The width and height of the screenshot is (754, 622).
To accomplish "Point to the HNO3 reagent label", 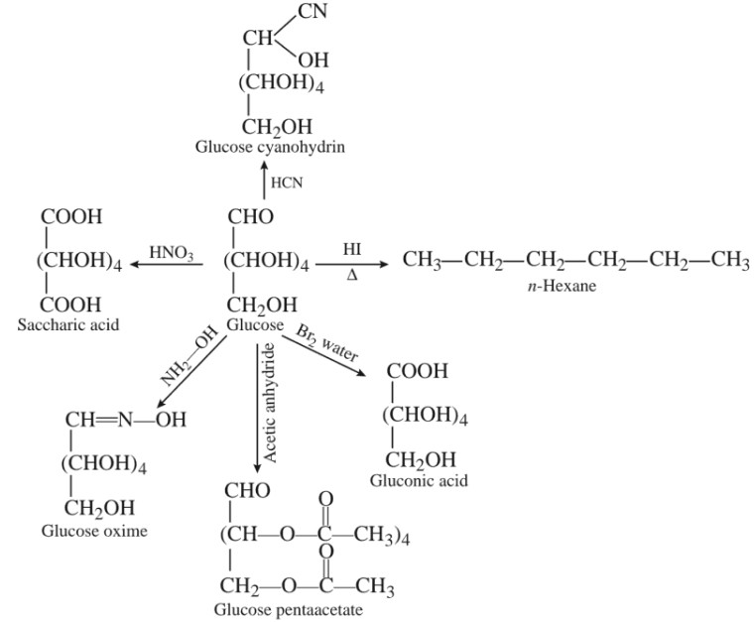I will [x=172, y=253].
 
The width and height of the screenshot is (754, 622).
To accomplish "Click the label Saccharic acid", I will [x=68, y=324].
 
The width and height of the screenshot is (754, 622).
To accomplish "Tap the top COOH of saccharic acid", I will [x=71, y=216].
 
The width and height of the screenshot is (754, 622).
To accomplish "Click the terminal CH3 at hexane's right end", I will [x=729, y=262].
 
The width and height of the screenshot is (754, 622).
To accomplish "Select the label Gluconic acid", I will [x=419, y=481].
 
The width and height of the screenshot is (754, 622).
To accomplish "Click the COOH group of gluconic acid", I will [x=417, y=372].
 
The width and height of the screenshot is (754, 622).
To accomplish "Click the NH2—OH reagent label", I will [x=189, y=359].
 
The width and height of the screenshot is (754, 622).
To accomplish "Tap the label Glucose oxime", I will [x=94, y=531].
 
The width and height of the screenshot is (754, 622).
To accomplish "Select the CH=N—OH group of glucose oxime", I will [x=125, y=421].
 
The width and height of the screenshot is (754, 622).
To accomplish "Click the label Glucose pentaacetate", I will [x=289, y=608].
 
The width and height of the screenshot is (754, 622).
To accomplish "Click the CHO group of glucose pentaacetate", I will [x=248, y=491].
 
